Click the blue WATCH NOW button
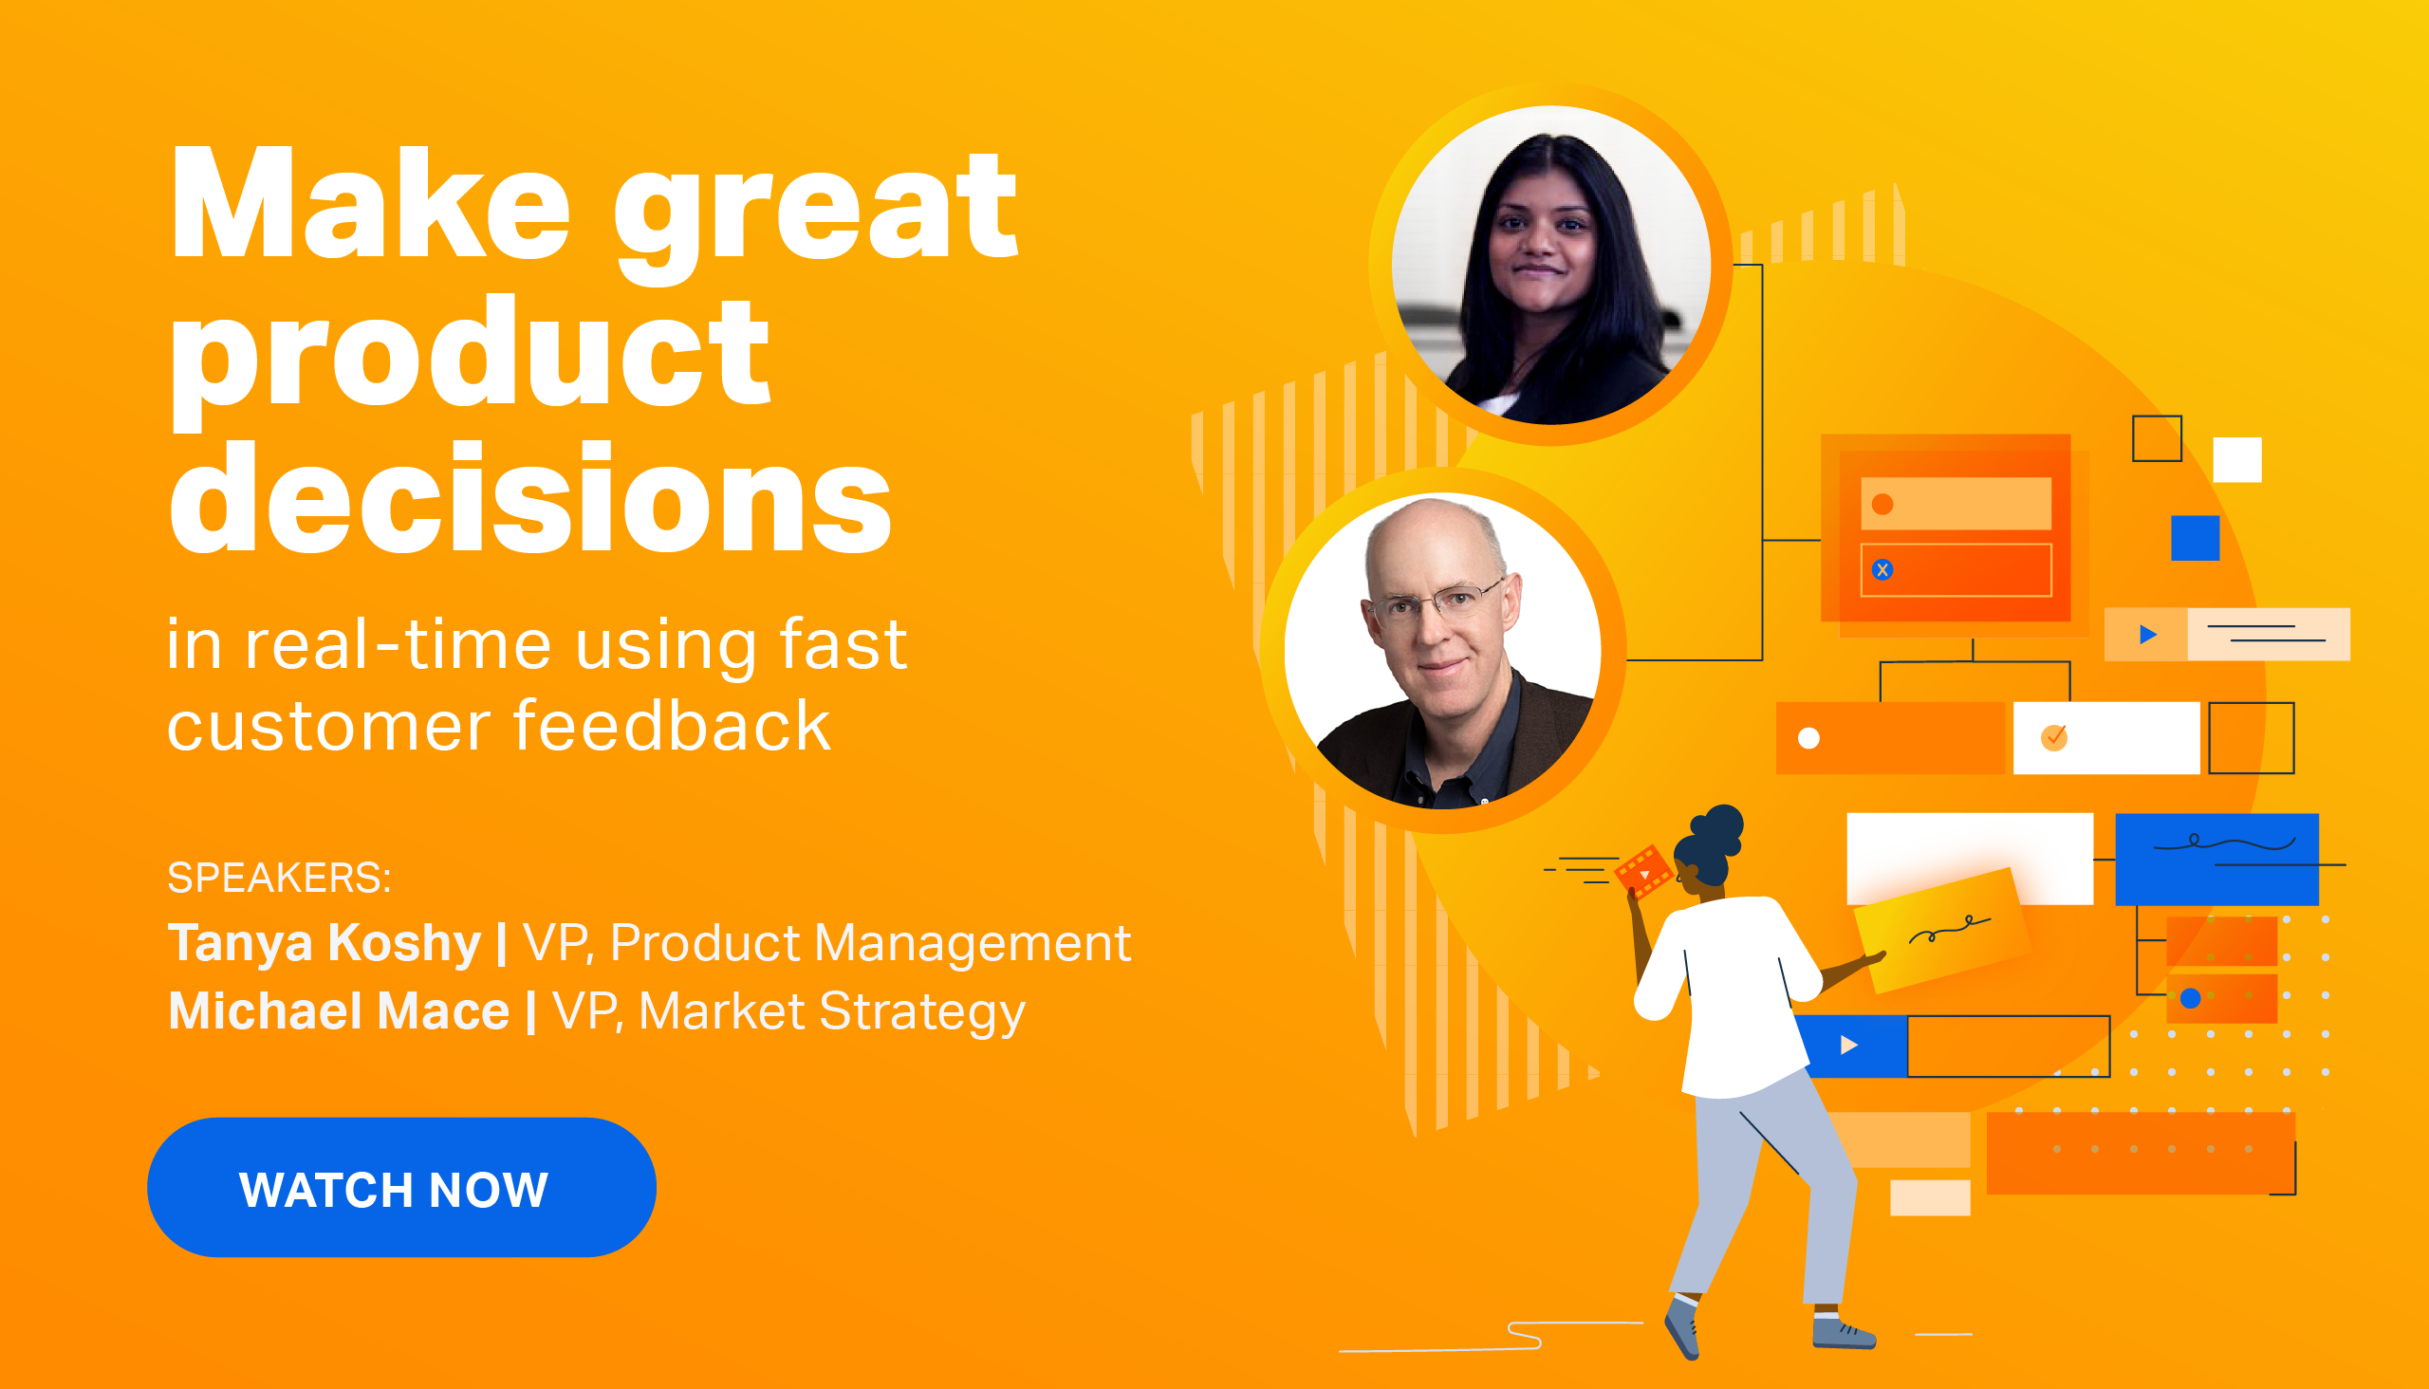point(401,1187)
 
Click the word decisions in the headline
point(530,498)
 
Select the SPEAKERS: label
point(279,877)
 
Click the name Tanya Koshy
point(324,942)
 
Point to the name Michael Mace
point(339,1010)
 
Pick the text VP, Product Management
point(827,943)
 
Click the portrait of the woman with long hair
point(1551,266)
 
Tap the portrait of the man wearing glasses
point(1443,651)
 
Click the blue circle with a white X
point(1882,569)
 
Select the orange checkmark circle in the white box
point(2054,737)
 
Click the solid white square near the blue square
point(2237,460)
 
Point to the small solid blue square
point(2196,538)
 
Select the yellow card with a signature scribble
point(1940,931)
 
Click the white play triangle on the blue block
point(1849,1045)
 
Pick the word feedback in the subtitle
point(673,726)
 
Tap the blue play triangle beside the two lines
point(2147,635)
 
